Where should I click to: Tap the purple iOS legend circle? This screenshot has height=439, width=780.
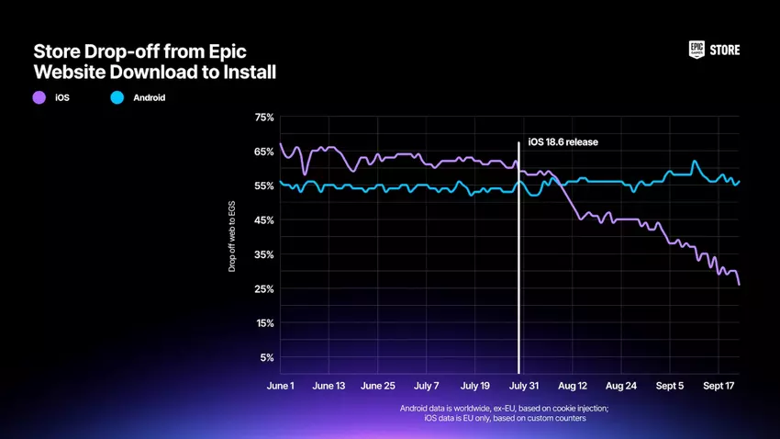39,96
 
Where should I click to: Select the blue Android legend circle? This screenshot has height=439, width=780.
117,96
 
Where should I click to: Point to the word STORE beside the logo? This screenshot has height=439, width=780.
724,51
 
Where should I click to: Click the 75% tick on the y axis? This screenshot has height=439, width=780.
263,118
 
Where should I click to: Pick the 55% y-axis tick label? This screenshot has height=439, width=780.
263,186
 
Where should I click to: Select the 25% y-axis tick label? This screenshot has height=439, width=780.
263,289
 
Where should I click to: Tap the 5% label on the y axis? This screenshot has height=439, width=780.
266,358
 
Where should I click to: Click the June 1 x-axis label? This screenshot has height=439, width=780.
280,387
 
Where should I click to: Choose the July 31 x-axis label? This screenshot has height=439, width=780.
524,387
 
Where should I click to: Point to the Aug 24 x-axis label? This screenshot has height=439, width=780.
621,387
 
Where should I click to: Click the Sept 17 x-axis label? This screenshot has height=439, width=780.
719,387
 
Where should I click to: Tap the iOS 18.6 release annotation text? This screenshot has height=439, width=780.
563,143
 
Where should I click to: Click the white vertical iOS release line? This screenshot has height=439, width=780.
519,276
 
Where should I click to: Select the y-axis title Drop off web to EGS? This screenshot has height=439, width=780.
232,238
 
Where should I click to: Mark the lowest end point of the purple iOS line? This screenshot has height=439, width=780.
739,284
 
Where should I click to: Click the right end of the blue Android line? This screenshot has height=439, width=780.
740,181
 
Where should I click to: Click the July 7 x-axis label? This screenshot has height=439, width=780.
427,387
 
